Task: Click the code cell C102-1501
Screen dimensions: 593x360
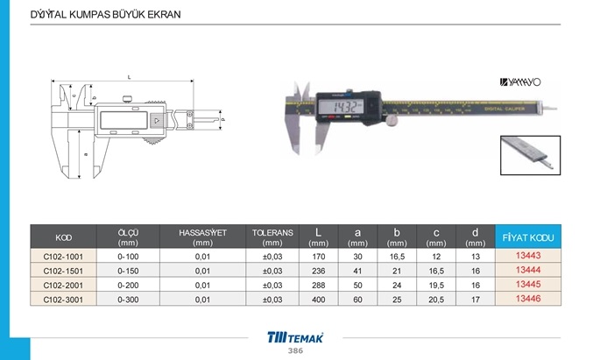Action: click(63, 271)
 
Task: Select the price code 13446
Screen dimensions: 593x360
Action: click(528, 299)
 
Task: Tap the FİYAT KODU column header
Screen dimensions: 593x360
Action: click(528, 237)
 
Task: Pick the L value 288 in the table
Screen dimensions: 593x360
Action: click(319, 286)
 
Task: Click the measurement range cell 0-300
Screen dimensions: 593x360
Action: click(128, 300)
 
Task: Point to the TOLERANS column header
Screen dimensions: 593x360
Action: click(272, 237)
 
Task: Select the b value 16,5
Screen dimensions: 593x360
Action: click(397, 257)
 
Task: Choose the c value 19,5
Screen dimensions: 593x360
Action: click(436, 286)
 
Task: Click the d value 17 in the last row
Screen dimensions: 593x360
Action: click(476, 300)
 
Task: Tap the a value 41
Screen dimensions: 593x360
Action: click(357, 271)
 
